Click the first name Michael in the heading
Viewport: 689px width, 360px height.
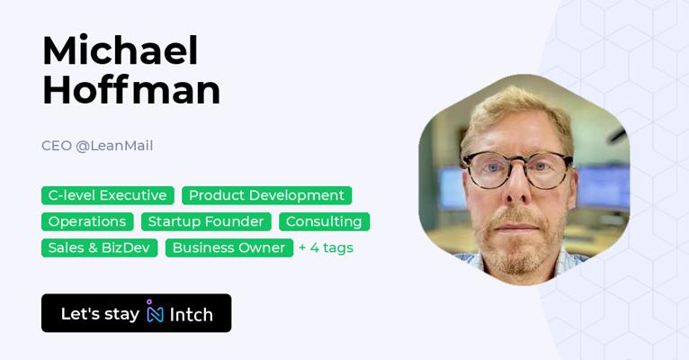(121, 50)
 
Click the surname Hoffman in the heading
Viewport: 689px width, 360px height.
(131, 90)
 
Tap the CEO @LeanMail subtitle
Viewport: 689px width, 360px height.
(97, 146)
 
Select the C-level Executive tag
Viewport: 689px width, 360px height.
(108, 195)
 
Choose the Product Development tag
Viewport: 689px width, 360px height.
(267, 195)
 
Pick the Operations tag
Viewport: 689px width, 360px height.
(87, 221)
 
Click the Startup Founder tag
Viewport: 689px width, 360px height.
(206, 221)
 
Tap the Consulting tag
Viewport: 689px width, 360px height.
(325, 221)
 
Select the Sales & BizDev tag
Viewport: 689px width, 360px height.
(99, 247)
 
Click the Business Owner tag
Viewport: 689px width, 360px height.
(229, 247)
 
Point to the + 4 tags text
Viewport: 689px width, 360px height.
(326, 247)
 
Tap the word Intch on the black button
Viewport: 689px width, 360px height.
(192, 314)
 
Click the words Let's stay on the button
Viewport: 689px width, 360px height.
(100, 314)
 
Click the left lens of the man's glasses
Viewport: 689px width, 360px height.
(491, 170)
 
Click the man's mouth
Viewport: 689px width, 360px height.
(516, 228)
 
